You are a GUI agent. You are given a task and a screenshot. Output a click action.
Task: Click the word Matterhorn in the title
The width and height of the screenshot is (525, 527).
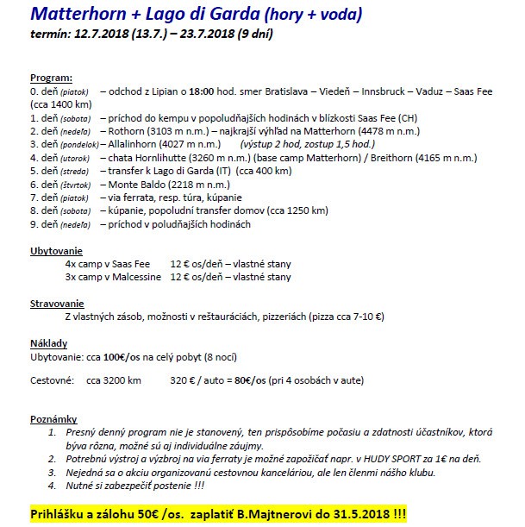point(78,15)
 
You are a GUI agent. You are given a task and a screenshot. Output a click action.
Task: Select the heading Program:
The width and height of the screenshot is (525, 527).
point(51,77)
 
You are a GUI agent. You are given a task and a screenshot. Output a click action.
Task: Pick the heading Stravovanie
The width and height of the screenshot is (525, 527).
point(57,304)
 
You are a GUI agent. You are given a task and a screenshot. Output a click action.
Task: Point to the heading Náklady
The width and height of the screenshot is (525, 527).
point(48,342)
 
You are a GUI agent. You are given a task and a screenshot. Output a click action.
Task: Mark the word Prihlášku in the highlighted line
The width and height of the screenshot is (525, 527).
point(61,511)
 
